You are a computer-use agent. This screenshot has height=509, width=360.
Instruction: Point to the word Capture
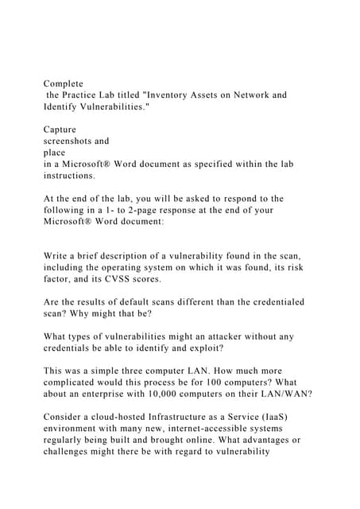pyautogui.click(x=60, y=129)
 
